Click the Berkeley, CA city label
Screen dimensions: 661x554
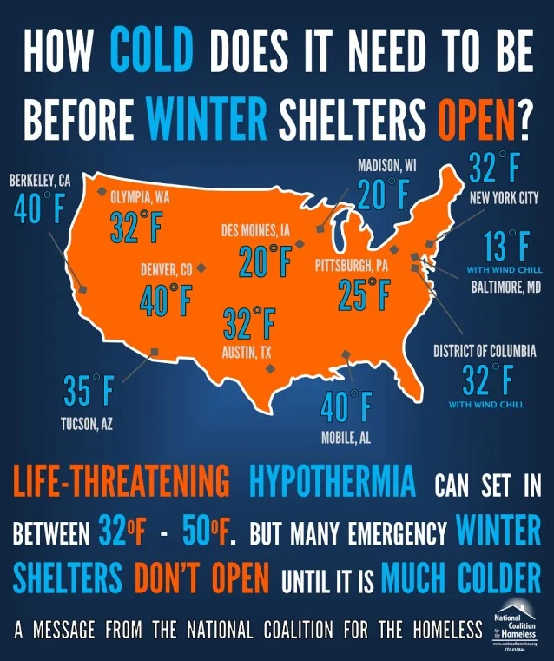[40, 181]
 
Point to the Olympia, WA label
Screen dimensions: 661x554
[140, 197]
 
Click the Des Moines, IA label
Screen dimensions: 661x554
[255, 231]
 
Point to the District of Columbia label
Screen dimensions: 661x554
[485, 352]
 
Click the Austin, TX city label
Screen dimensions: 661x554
[247, 354]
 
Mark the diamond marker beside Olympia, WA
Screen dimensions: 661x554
[102, 192]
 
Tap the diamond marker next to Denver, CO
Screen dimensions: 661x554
[201, 268]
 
